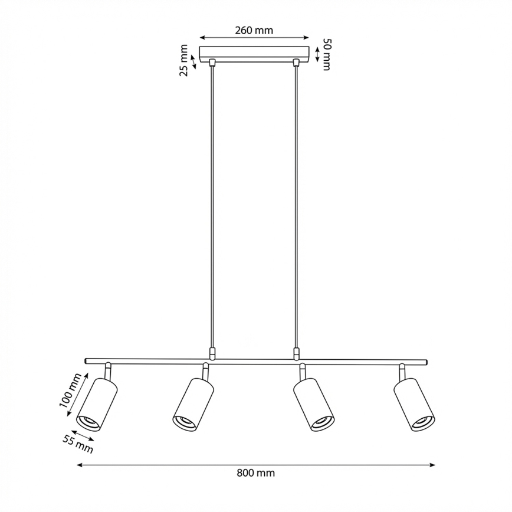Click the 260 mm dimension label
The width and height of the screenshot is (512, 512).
pos(254,31)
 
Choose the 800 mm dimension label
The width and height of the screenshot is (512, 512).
pos(255,472)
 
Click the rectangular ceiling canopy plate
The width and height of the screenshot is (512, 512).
pos(254,53)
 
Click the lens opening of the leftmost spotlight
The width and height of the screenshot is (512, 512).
pos(88,422)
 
